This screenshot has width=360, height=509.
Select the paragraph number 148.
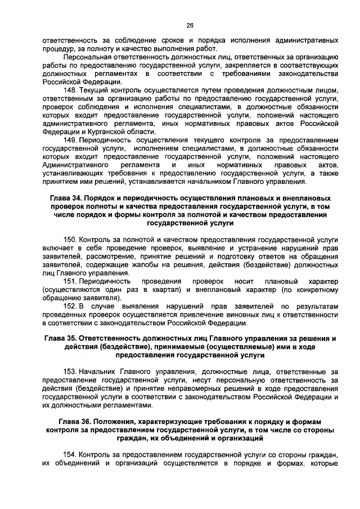70,91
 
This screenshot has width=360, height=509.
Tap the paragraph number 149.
70,139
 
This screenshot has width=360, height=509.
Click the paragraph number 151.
70,281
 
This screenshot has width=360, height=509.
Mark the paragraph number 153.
70,373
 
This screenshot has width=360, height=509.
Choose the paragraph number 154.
70,454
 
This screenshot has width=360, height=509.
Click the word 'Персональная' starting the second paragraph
90,58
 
